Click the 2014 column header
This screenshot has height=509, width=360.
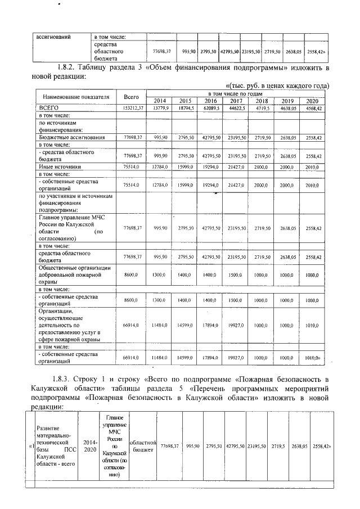point(160,101)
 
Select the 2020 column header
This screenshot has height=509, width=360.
point(313,101)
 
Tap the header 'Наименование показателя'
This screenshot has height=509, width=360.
point(74,97)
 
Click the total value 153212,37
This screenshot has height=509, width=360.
point(131,107)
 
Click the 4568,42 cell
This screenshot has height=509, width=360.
point(313,107)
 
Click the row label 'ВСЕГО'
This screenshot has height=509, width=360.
point(49,107)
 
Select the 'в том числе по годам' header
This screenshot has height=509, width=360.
point(235,93)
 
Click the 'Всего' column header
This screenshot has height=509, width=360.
point(131,97)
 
